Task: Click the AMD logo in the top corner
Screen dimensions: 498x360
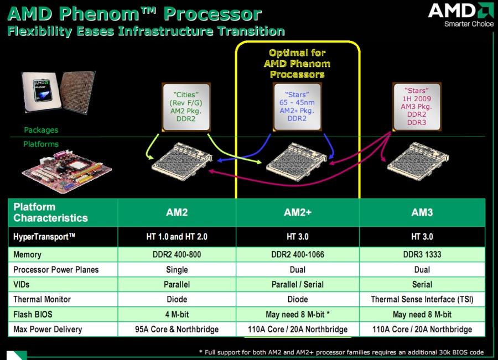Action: (x=461, y=14)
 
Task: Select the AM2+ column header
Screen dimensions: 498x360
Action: (x=298, y=212)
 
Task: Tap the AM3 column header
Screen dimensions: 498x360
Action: (x=422, y=212)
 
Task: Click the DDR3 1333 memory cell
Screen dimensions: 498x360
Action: (x=422, y=254)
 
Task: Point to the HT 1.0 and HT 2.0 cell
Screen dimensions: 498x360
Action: (x=177, y=237)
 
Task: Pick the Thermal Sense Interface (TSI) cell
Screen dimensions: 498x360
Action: (x=422, y=299)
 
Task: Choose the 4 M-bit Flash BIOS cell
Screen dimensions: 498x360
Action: (x=177, y=314)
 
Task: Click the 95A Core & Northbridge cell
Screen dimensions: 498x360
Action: (x=177, y=329)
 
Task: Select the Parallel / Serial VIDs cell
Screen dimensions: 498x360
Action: (x=298, y=284)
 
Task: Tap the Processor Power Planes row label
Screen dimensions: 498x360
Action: (x=56, y=269)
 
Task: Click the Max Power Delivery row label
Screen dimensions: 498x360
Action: (x=48, y=329)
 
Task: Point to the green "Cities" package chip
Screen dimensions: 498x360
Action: (x=186, y=107)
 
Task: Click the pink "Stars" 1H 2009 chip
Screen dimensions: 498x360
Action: (x=417, y=107)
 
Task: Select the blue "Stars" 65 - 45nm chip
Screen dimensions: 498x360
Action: (x=297, y=107)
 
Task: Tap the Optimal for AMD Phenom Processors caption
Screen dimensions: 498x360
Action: (x=297, y=64)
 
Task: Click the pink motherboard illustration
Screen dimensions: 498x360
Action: (x=67, y=172)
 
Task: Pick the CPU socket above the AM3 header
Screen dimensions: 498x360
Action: (x=418, y=162)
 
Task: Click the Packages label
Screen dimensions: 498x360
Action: (x=41, y=130)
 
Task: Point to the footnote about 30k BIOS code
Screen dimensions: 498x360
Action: (x=341, y=352)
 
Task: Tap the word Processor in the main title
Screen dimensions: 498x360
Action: (x=212, y=14)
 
